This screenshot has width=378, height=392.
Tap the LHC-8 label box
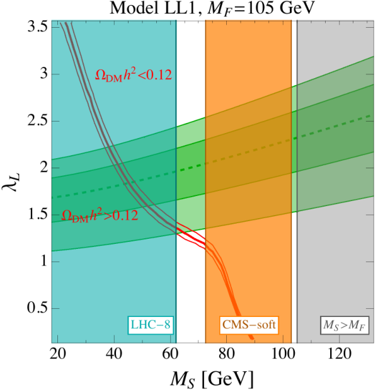151,325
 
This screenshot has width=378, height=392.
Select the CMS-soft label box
249,325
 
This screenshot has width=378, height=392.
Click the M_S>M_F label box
345,325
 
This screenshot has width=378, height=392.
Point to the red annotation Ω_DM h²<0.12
134,75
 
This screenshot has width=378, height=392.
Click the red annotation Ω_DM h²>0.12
100,216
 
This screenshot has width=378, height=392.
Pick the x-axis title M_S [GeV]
212,379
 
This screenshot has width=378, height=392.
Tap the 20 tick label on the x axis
58,354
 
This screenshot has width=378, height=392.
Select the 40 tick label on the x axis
114,354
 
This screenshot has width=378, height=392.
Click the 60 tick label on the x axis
170,354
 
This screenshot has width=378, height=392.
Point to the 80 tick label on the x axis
226,354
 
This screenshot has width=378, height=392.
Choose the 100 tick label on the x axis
283,354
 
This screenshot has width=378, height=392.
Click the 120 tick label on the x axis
340,354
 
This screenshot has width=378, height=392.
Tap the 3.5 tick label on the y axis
37,27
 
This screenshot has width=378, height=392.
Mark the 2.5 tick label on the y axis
37,121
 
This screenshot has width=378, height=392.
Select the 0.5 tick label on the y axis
37,309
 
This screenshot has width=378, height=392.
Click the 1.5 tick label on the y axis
37,215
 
